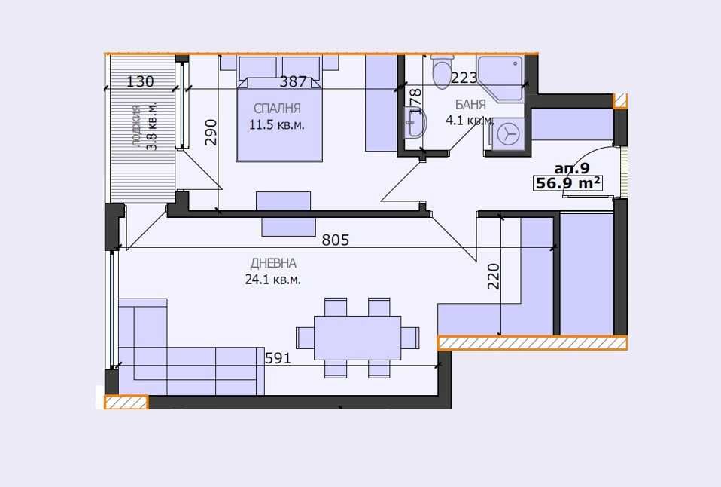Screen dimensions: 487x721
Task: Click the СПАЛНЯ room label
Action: click(278, 108)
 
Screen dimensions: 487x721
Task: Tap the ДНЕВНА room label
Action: click(273, 263)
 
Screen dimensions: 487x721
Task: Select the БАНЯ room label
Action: click(470, 105)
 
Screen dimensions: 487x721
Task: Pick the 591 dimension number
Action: click(278, 358)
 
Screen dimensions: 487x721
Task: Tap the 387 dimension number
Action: click(293, 81)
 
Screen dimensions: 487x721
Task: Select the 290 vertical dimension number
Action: click(211, 132)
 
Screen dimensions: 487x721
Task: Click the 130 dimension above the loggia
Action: click(140, 81)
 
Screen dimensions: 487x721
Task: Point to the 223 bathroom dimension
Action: click(464, 78)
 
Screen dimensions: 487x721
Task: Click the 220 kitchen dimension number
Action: click(494, 276)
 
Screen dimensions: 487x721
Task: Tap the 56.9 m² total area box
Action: click(567, 183)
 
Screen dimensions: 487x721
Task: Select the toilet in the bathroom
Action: click(441, 70)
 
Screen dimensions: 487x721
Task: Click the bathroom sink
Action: click(413, 122)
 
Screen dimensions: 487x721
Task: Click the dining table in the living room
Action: click(357, 337)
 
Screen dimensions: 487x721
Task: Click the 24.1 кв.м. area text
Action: click(273, 279)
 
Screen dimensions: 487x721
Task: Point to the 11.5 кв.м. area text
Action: click(277, 124)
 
